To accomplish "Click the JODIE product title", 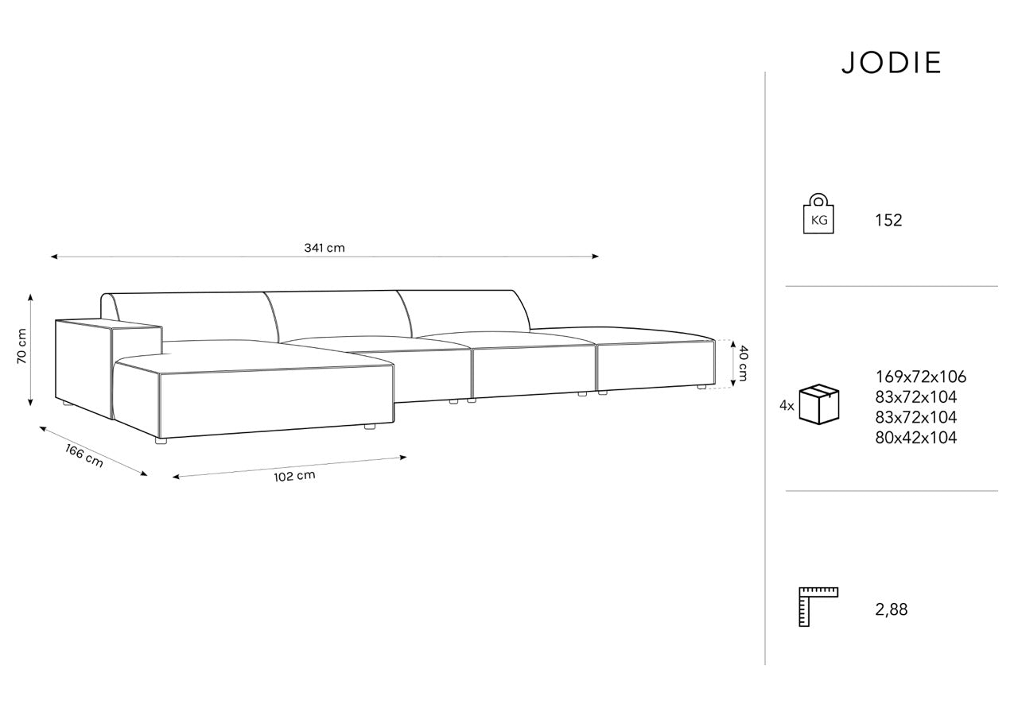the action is point(892,63).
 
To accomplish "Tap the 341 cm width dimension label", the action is point(324,248).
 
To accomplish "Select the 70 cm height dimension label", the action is point(21,346).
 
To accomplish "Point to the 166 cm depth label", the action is point(84,456).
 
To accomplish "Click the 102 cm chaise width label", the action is point(294,476).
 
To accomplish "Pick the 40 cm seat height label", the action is point(743,364).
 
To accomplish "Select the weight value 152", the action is point(888,220).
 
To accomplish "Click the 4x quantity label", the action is point(787,405).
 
